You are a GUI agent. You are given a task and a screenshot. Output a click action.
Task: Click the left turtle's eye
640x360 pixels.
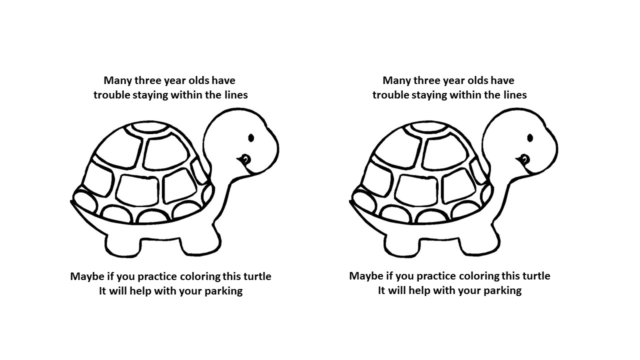point(251,138)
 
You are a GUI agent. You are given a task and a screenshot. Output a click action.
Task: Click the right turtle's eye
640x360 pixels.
point(530,138)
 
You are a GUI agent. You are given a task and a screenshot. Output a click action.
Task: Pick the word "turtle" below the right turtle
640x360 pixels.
point(537,276)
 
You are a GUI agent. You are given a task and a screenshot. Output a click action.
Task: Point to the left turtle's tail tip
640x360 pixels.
point(71,202)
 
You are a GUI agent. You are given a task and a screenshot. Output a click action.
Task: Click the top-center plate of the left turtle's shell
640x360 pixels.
point(149,127)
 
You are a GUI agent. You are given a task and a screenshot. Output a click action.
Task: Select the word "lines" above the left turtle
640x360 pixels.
point(236,95)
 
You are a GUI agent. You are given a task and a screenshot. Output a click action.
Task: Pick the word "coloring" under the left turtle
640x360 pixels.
point(200,277)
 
